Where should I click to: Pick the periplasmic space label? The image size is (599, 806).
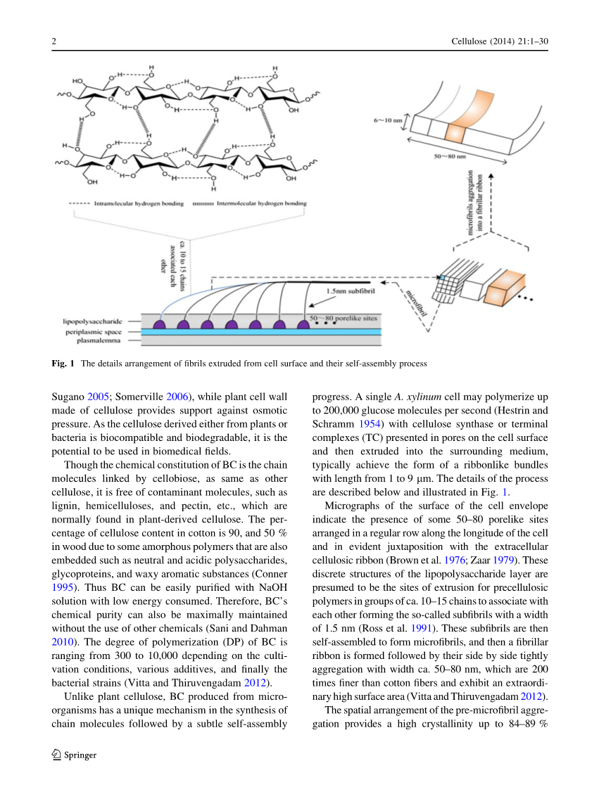tap(102, 331)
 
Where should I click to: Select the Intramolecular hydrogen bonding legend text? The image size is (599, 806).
tap(138, 204)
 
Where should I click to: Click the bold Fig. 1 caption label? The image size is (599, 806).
tap(63, 364)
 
